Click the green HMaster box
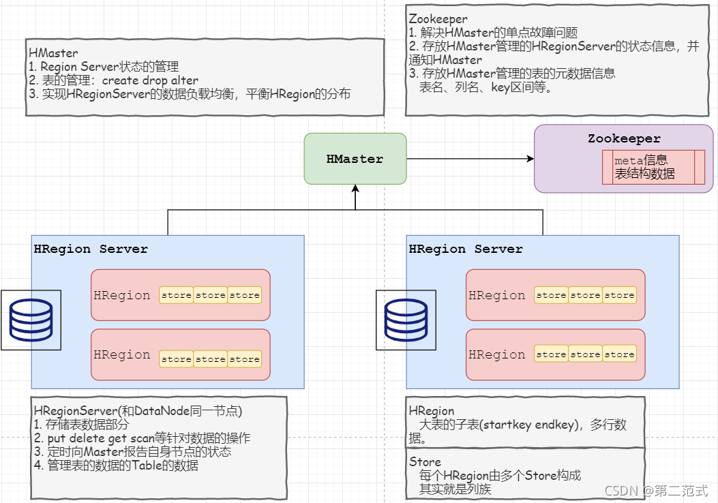coord(355,159)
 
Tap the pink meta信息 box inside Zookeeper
coord(653,167)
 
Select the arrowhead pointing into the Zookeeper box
coord(530,159)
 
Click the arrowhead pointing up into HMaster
coord(355,189)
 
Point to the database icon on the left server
coord(31,320)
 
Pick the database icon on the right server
coord(406,320)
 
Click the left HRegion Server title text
coord(91,249)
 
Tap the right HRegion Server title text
coord(466,249)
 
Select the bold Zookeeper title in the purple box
coord(624,138)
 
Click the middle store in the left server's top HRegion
coord(211,295)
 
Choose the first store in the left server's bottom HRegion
coord(177,359)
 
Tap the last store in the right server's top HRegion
coord(620,295)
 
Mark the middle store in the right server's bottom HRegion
coord(586,354)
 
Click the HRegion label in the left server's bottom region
coord(122,354)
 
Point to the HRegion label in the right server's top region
coord(497,295)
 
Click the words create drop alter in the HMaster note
coord(150,80)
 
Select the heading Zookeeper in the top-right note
coord(438,19)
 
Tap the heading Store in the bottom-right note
coord(425,462)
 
